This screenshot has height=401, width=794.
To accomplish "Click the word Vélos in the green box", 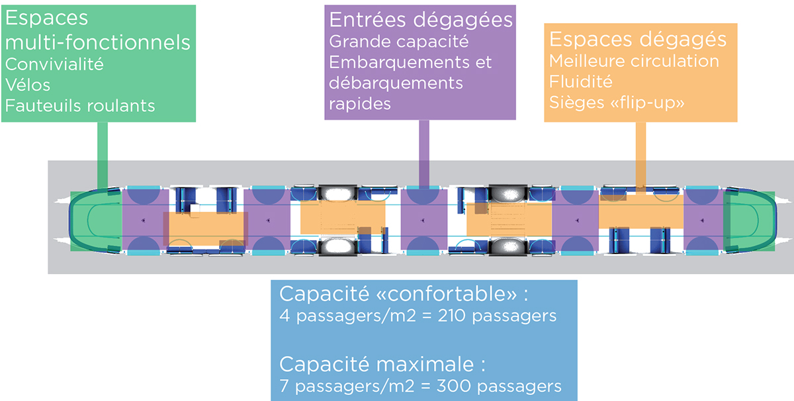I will pos(28,85).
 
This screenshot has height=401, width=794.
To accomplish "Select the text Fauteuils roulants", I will pos(80,105).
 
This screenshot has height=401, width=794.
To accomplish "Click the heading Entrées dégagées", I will pos(421,20).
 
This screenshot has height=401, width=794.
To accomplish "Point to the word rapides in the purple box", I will pos(360,104).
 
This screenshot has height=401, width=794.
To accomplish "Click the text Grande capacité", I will pos(398,41).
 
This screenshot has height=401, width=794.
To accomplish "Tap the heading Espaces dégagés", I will pos(638,40).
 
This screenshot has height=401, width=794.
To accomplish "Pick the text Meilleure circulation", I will pos(634,62).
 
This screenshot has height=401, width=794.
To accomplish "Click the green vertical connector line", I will pos(103,155).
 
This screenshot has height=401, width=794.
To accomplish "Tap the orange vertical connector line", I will pos(640,156).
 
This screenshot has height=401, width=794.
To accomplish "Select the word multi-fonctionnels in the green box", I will pos(97,42).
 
